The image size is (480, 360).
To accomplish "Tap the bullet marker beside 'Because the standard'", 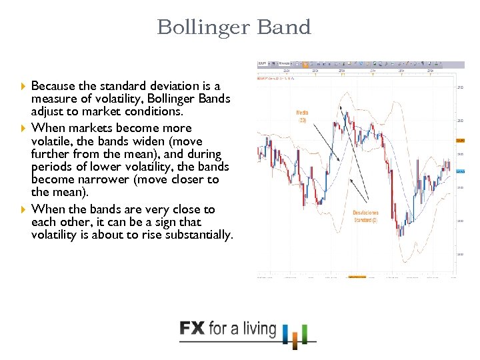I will click(23, 86).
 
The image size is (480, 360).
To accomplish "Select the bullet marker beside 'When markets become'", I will click(23, 128).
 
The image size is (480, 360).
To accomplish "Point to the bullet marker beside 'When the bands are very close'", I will click(23, 209).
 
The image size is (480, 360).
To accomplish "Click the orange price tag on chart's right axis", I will click(460, 140).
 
